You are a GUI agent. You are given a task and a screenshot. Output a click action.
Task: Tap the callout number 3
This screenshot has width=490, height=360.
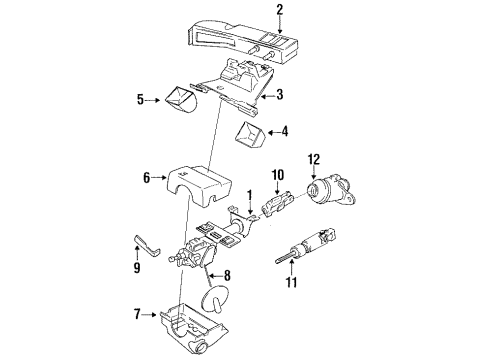pos(280,96)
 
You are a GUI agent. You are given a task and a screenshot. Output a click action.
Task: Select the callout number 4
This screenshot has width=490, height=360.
pos(284,130)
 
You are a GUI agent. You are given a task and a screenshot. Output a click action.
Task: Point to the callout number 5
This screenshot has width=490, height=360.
pos(141,99)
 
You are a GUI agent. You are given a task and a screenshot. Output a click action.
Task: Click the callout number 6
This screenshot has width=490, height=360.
pos(147,178)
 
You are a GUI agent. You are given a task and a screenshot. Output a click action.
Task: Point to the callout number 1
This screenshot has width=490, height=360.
pos(250,194)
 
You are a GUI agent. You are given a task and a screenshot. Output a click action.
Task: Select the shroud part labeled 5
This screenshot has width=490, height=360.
pos(180,100)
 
